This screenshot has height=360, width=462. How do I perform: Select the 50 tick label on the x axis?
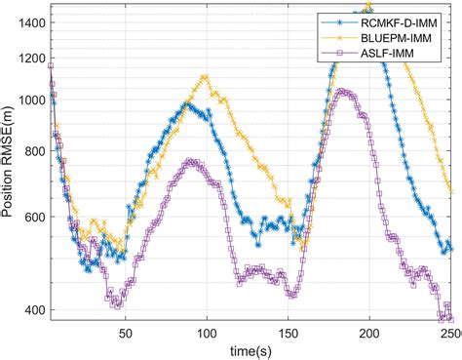pos(125,334)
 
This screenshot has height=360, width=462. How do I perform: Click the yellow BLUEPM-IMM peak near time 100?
pos(205,76)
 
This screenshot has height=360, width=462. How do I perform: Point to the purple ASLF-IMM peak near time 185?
pos(342,91)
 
